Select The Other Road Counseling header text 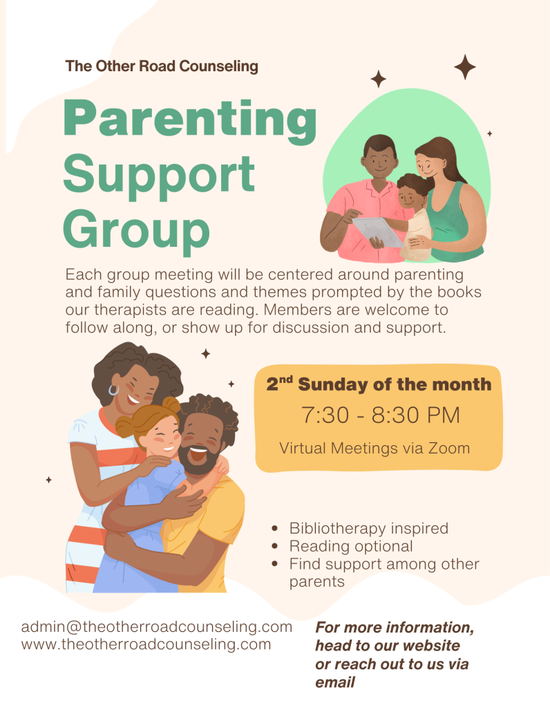[x=162, y=66]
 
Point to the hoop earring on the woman [x=113, y=390]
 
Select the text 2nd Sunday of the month [x=379, y=384]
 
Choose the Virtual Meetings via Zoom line [x=374, y=448]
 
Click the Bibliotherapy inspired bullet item [x=368, y=528]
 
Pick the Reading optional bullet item [x=351, y=546]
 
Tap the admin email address [x=157, y=627]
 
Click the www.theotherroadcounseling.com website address [x=146, y=644]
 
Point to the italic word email [x=335, y=683]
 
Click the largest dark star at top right [x=465, y=67]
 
